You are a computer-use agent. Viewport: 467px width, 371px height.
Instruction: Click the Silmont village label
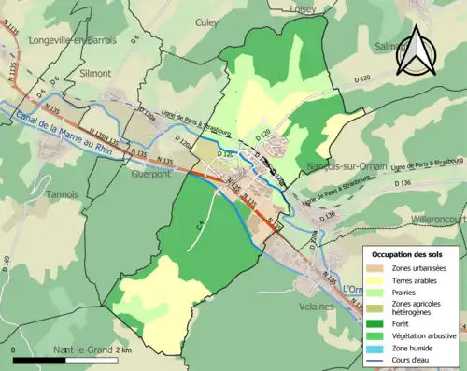tap(93, 72)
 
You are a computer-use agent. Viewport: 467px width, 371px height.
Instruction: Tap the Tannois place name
tap(63, 193)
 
